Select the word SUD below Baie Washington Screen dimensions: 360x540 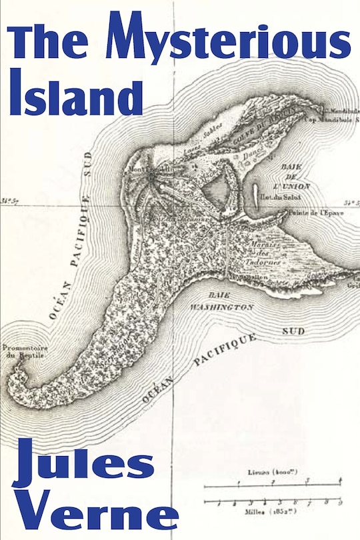pos(291,331)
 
